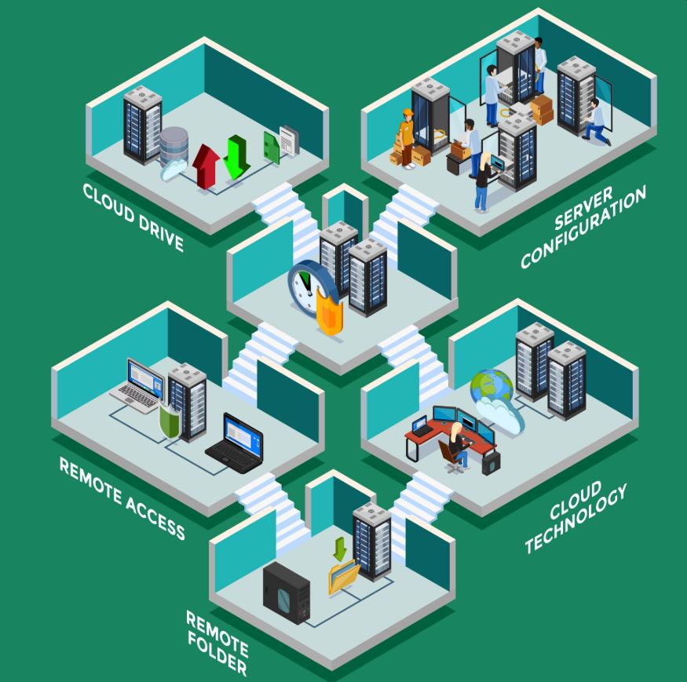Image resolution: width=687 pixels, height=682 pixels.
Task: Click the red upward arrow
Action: click(x=206, y=166)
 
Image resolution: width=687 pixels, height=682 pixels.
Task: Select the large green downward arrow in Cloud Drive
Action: click(x=236, y=157)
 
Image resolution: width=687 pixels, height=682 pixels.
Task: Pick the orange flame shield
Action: click(x=330, y=312)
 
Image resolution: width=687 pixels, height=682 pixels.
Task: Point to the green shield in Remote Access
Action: click(x=170, y=421)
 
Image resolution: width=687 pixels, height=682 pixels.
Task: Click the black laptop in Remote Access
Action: click(x=236, y=444)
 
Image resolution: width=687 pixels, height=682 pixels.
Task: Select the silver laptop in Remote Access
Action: click(x=138, y=386)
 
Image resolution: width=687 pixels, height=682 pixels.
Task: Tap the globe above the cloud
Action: click(x=491, y=385)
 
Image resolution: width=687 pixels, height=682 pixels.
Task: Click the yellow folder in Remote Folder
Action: click(x=344, y=576)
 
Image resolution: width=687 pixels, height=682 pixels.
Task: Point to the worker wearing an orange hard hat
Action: click(x=407, y=138)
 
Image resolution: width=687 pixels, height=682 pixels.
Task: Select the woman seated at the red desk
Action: click(x=459, y=445)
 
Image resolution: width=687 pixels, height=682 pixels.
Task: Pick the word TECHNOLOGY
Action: click(x=576, y=518)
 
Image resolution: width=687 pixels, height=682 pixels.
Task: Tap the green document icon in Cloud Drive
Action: click(x=272, y=148)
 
